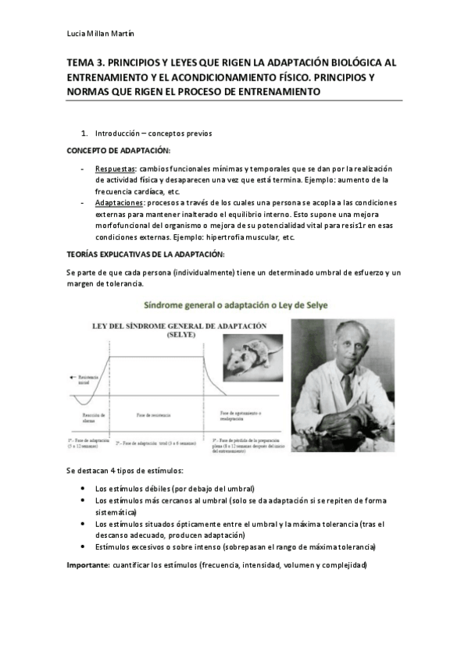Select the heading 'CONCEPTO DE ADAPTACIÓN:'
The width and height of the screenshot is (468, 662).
pyautogui.click(x=118, y=149)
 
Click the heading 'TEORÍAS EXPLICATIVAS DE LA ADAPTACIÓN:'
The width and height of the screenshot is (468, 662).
pyautogui.click(x=146, y=254)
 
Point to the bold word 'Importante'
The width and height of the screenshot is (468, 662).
pyautogui.click(x=88, y=564)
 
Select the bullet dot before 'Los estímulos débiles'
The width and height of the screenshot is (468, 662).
pyautogui.click(x=84, y=488)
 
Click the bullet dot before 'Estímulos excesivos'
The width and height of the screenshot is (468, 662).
pyautogui.click(x=84, y=547)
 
